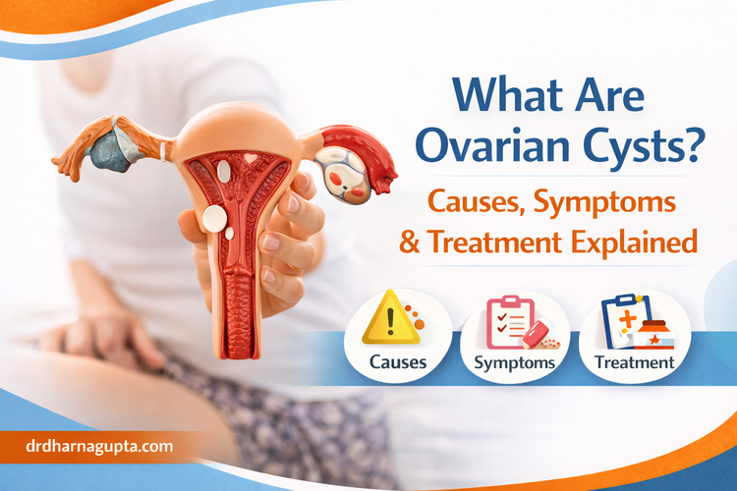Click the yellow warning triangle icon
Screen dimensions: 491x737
(390, 320)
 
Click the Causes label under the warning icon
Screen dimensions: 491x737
(398, 361)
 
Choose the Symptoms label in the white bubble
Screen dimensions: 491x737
(515, 362)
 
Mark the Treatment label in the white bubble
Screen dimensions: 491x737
(634, 362)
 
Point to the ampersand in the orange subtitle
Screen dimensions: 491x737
(441, 242)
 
